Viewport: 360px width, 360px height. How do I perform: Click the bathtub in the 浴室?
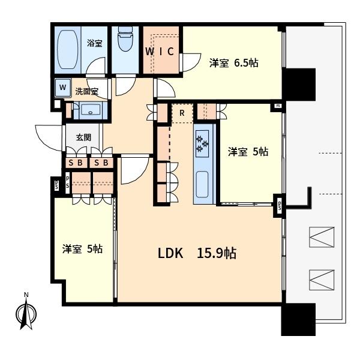point(67,50)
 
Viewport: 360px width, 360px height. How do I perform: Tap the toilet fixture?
point(125,38)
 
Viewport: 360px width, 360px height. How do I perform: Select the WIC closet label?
point(160,52)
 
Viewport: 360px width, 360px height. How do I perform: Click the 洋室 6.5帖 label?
point(234,63)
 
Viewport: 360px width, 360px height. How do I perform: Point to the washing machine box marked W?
point(62,88)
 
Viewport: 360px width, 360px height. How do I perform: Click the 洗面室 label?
point(87,91)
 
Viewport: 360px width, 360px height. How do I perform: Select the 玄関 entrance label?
point(83,137)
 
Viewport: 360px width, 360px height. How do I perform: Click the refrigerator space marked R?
point(182,113)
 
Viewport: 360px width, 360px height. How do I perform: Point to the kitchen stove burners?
point(202,144)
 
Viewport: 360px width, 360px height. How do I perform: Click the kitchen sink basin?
point(202,184)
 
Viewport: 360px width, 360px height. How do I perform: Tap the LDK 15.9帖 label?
point(197,253)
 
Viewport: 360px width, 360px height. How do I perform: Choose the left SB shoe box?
point(76,163)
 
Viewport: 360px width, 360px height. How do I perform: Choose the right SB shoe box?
point(101,163)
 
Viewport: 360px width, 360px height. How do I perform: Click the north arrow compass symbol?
point(26,312)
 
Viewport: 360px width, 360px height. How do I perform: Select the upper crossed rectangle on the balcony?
point(322,237)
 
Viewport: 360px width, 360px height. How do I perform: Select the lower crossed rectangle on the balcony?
point(322,280)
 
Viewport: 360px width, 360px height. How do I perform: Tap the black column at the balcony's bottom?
point(298,320)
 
